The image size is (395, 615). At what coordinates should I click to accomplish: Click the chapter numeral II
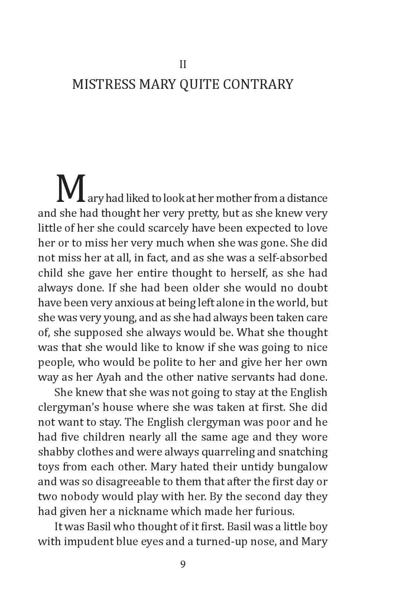182,65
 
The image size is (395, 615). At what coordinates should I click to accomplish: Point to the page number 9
182,564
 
